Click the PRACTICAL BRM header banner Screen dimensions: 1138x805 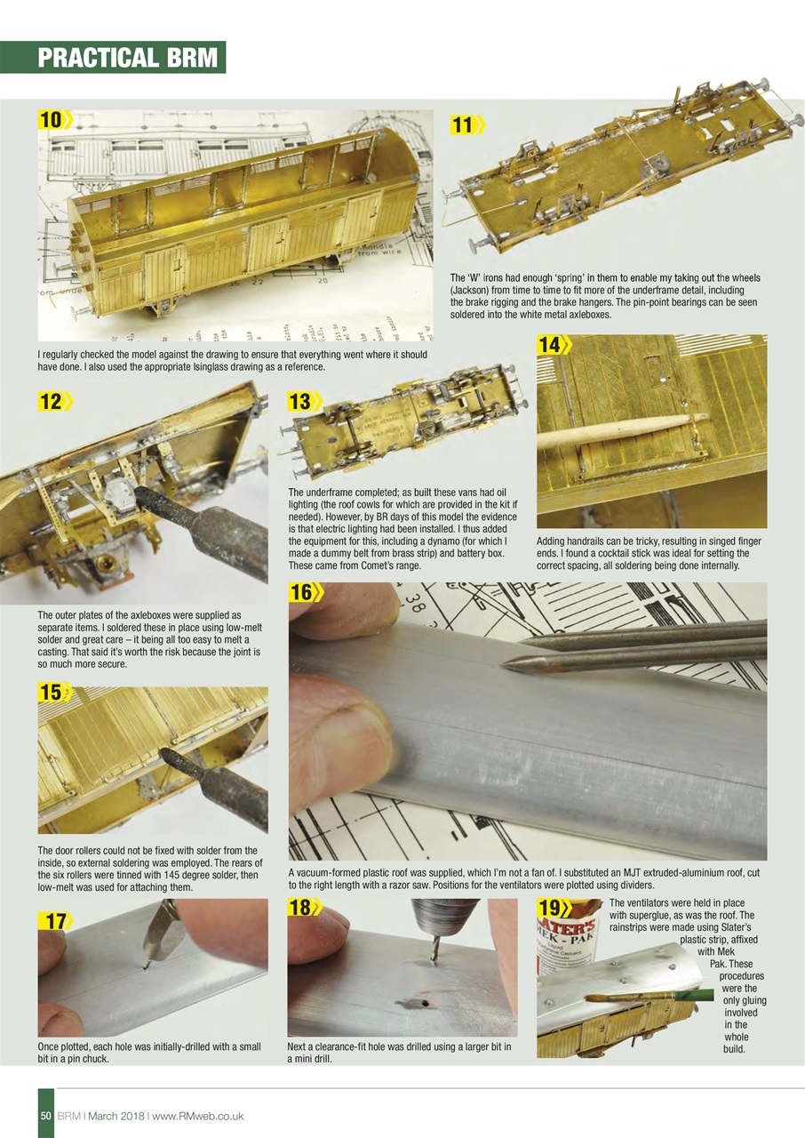click(x=127, y=58)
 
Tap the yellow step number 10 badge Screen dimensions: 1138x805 click(x=53, y=119)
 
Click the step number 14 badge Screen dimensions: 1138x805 click(x=553, y=345)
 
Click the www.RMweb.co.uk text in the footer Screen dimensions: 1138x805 click(x=203, y=1116)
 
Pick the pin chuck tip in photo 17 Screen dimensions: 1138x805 click(x=145, y=962)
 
